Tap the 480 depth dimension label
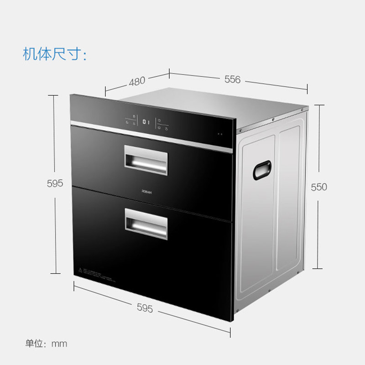point(137,81)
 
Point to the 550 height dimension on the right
point(319,187)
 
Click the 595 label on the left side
point(54,183)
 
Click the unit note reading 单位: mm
point(46,344)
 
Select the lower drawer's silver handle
point(145,224)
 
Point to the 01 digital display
point(146,122)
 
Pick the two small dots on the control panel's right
point(221,134)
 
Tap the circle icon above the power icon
point(159,120)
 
